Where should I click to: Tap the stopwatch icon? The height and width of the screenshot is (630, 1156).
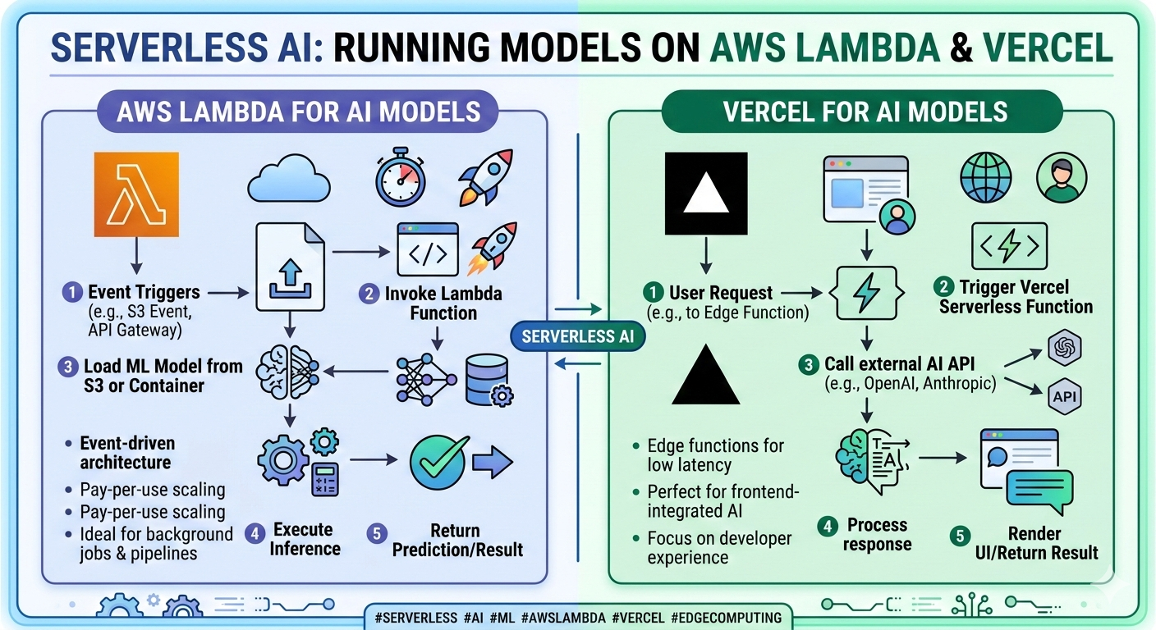(401, 177)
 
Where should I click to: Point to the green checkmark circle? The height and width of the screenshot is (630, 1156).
(438, 463)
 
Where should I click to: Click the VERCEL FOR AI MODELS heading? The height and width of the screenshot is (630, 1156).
(865, 112)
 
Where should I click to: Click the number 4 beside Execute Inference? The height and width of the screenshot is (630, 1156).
(255, 533)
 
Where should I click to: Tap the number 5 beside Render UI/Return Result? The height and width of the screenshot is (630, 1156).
(958, 537)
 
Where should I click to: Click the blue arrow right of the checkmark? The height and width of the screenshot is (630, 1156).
(494, 463)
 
